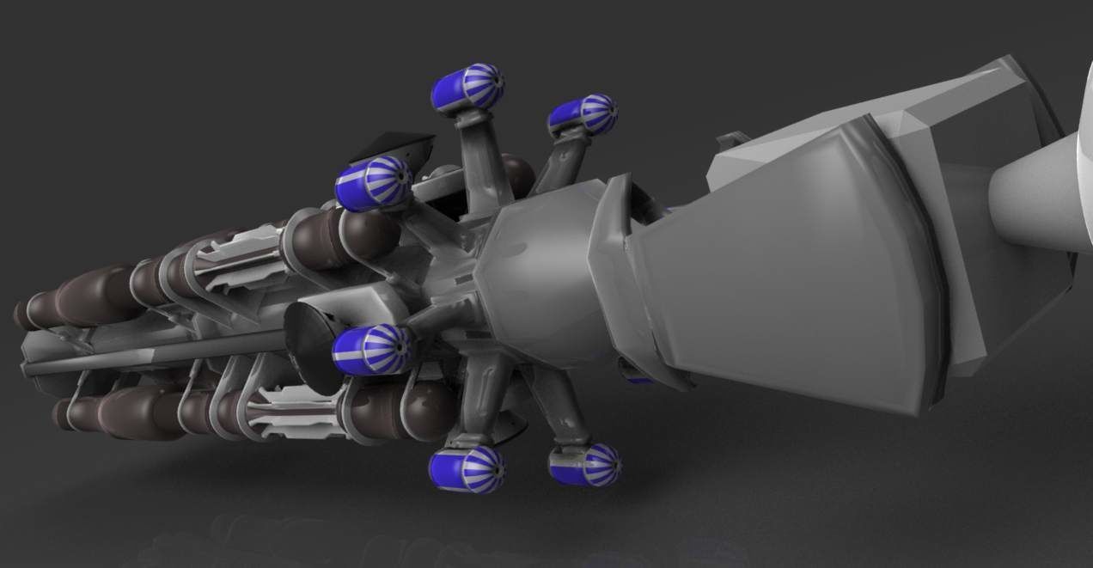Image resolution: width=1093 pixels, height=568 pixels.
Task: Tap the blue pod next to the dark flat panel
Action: [371, 182]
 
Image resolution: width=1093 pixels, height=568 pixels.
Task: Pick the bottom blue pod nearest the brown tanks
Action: [467, 469]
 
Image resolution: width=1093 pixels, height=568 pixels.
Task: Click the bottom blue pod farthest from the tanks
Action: [585, 465]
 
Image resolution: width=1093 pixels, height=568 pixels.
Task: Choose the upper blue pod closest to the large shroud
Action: [583, 115]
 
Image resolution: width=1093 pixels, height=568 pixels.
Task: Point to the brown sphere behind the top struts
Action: [516, 173]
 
